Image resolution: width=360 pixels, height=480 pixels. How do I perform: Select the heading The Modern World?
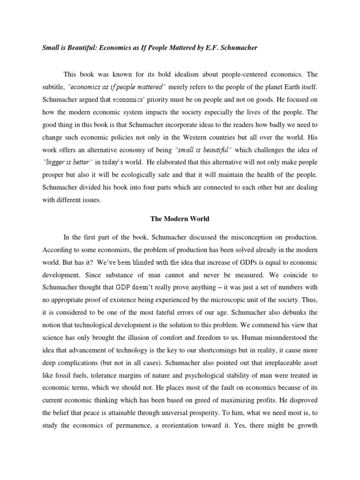179,218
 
